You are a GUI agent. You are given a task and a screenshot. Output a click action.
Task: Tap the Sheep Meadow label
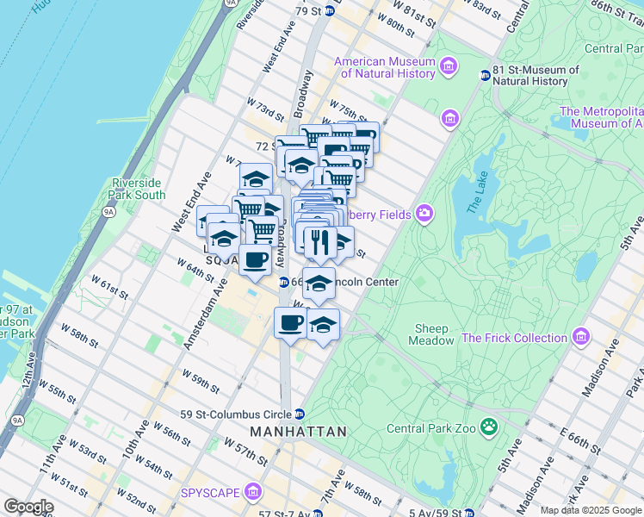pos(431,334)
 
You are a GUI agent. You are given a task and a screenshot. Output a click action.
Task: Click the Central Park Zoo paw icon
pos(489,426)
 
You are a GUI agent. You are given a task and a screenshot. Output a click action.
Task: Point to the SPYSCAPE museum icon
pos(252,492)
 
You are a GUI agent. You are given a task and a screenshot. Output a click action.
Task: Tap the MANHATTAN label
pos(298,431)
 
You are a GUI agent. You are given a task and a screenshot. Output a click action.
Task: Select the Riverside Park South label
pos(138,189)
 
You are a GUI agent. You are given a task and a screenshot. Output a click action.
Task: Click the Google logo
pos(28,507)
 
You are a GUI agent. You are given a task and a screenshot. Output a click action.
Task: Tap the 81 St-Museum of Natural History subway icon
pos(485,75)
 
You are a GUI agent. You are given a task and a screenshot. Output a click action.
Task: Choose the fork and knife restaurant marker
pos(319,244)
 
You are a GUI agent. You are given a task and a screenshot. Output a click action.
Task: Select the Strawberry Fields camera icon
pos(424,213)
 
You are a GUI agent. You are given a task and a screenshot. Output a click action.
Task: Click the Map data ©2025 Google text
pos(591,510)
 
